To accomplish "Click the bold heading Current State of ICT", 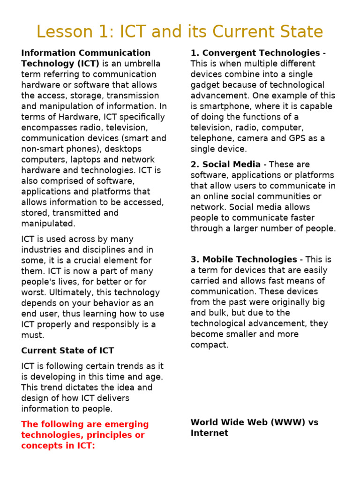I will click(x=67, y=350).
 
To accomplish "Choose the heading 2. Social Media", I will click(x=225, y=164).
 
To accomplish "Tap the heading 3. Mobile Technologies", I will click(x=244, y=259).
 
